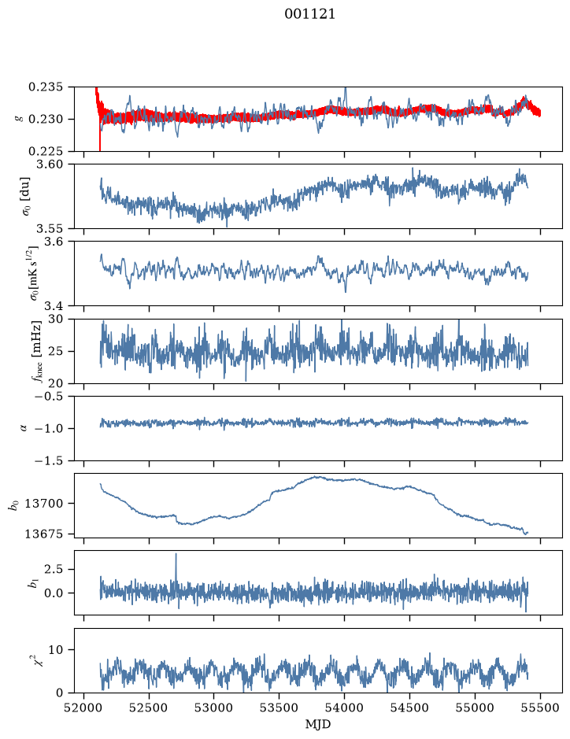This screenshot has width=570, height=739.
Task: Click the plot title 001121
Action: coord(309,14)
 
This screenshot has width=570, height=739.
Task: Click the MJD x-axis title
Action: coord(318,724)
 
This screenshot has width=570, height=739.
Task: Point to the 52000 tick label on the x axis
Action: coord(84,708)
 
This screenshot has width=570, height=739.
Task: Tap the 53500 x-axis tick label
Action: coord(279,708)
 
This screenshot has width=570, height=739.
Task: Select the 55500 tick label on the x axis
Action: coord(540,708)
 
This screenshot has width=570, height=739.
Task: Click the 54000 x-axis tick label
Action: coord(344,708)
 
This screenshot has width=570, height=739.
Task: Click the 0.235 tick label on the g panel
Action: coord(45,87)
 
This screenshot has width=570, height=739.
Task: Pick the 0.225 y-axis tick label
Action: coord(45,151)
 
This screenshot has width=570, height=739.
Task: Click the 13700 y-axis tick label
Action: coord(43,504)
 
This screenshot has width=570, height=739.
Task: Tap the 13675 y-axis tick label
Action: coord(43,534)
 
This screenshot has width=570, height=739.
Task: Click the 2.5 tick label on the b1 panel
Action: coord(54,569)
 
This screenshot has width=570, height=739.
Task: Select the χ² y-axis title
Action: coord(41,660)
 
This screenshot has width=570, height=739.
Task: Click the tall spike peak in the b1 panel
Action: coord(176,554)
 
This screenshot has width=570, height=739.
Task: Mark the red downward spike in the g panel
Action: coord(100,139)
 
